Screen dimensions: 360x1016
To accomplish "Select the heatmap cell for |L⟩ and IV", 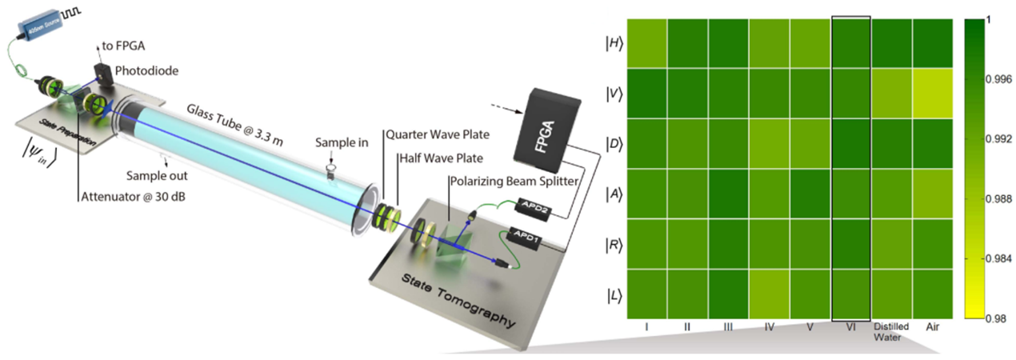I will pos(770,294).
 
